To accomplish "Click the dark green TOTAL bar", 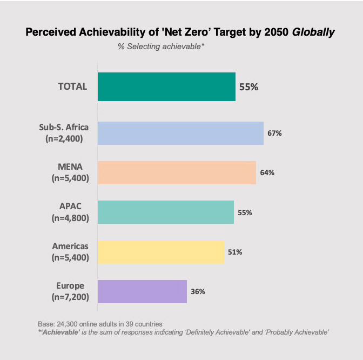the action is [166, 86].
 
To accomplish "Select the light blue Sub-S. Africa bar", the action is [180, 133].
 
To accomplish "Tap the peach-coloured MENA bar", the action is [177, 173].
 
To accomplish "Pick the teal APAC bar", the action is [166, 212].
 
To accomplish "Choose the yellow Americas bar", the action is [161, 252].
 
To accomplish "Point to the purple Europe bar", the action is [142, 291].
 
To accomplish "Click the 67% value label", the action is [274, 133].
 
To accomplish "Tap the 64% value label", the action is [267, 172].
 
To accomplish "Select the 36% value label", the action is [198, 291].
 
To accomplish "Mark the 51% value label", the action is [235, 252].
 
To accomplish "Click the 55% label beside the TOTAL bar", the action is [248, 87].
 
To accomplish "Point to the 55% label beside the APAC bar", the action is [245, 212].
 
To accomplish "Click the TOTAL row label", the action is [72, 86].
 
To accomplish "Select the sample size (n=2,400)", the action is [64, 139].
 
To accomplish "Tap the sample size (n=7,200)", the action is [70, 297].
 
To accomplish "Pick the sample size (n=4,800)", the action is [70, 218].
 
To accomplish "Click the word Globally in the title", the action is [313, 32].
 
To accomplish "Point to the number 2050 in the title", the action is [276, 32].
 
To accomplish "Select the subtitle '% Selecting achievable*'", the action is [161, 46].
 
